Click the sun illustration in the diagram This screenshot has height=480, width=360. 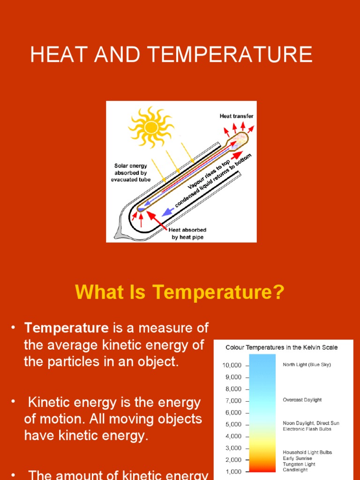(151, 126)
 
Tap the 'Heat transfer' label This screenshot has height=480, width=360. (237, 116)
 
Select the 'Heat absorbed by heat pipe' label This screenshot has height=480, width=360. (187, 233)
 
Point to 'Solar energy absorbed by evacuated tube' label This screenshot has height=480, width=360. (131, 172)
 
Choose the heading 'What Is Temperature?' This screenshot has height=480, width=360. (180, 292)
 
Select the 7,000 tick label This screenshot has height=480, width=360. (233, 401)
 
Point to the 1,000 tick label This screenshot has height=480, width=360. (233, 472)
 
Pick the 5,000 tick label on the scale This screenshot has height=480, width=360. (233, 424)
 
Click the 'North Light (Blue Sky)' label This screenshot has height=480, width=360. (307, 365)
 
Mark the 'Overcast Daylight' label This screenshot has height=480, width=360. (302, 400)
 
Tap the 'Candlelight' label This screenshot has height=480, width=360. (295, 470)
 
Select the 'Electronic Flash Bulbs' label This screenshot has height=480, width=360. (307, 429)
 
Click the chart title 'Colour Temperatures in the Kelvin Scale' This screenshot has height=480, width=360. (281, 347)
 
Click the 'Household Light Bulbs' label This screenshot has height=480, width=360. (307, 452)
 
